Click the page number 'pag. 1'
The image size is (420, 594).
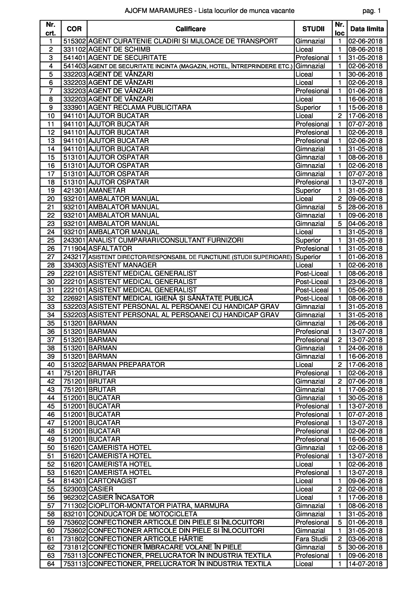371,11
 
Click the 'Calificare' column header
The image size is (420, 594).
191,29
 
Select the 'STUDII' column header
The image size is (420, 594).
313,29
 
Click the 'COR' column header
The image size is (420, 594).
74,29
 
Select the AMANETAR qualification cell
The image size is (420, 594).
107,190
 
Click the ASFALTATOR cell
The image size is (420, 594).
110,248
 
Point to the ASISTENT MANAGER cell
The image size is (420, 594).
122,265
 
